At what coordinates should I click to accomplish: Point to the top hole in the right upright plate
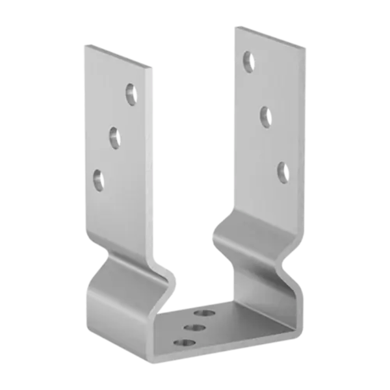(248, 62)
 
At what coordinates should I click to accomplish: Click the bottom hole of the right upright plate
(282, 170)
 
